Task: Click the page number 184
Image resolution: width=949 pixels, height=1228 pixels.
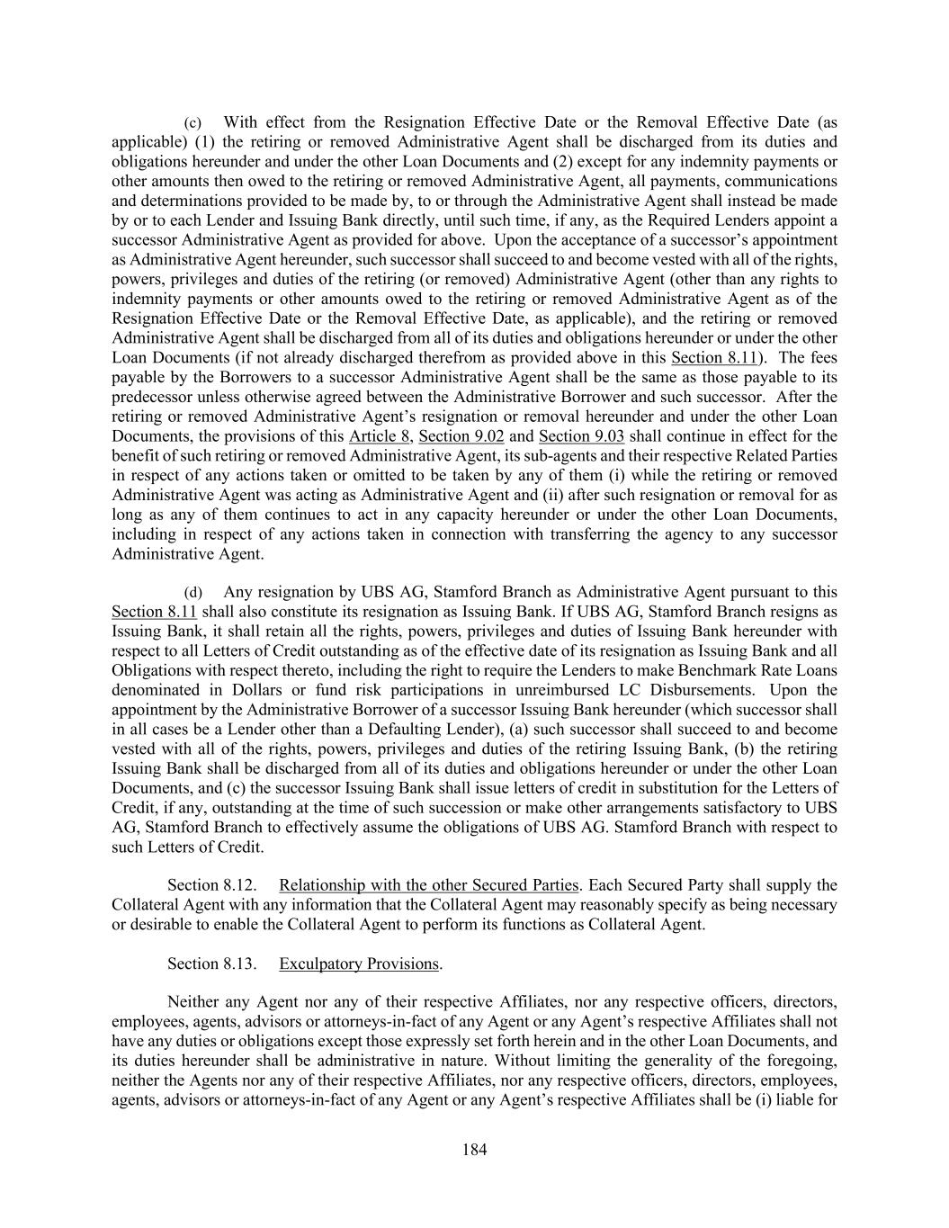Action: tap(474, 1149)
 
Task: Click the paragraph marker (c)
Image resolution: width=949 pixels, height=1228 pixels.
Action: tap(193, 122)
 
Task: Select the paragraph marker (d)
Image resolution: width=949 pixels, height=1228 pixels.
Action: tap(193, 593)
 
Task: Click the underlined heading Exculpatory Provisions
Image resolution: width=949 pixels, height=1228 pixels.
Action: tap(359, 964)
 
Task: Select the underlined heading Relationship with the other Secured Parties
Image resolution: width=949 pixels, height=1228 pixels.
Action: tap(429, 885)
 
